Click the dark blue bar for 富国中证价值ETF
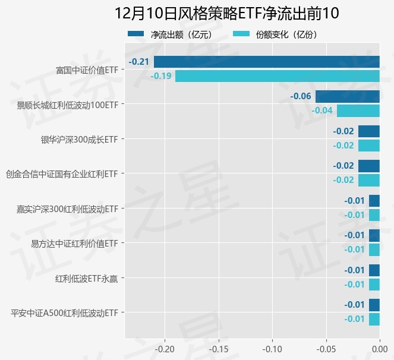pyautogui.click(x=266, y=62)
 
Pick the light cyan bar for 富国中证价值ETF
pyautogui.click(x=277, y=76)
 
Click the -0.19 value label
pyautogui.click(x=161, y=76)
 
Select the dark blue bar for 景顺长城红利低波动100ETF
pyautogui.click(x=347, y=96)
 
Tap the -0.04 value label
pyautogui.click(x=323, y=110)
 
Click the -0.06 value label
pyautogui.click(x=301, y=96)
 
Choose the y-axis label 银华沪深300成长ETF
pyautogui.click(x=78, y=140)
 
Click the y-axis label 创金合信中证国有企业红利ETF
pyautogui.click(x=61, y=174)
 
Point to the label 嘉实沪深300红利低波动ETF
pyautogui.click(x=67, y=209)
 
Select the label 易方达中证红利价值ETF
pyautogui.click(x=74, y=244)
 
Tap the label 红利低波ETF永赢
pyautogui.click(x=86, y=278)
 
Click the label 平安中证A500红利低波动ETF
pyautogui.click(x=64, y=312)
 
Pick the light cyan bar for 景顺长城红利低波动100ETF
pyautogui.click(x=358, y=110)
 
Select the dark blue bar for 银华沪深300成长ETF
pyautogui.click(x=368, y=131)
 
